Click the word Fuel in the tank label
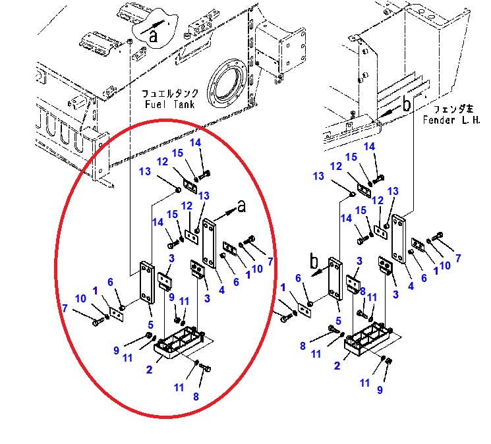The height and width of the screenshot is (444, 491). pyautogui.click(x=155, y=104)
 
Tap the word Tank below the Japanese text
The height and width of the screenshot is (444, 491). pyautogui.click(x=183, y=104)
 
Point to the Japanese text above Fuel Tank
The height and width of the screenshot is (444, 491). pyautogui.click(x=170, y=94)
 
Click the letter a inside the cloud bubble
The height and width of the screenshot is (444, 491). pyautogui.click(x=153, y=36)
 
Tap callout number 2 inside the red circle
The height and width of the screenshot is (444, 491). pyautogui.click(x=150, y=370)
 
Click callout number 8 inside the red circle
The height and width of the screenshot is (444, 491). pyautogui.click(x=196, y=397)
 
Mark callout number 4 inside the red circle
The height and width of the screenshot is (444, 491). pyautogui.click(x=221, y=290)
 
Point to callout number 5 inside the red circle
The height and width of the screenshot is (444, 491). pyautogui.click(x=151, y=325)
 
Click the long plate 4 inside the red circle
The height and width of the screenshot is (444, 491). pyautogui.click(x=210, y=244)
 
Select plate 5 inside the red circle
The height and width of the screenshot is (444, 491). pyautogui.click(x=147, y=283)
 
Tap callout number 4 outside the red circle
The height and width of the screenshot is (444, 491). pyautogui.click(x=411, y=286)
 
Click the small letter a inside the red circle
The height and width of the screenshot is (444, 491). pyautogui.click(x=241, y=206)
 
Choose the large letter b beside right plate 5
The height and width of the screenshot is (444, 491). pyautogui.click(x=314, y=260)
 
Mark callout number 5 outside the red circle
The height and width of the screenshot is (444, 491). pyautogui.click(x=338, y=321)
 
